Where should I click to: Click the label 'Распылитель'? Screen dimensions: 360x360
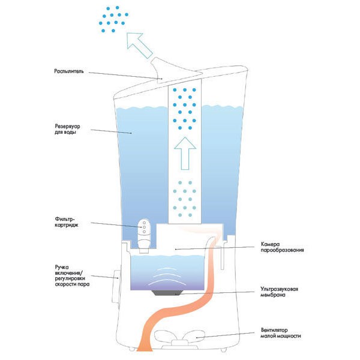point(69,71)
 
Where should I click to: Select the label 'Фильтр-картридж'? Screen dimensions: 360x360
point(67,222)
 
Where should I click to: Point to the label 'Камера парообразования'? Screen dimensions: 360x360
point(282,247)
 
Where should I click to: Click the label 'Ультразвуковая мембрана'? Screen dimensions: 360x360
point(279,292)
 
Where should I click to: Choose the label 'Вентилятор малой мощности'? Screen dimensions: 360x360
point(281,333)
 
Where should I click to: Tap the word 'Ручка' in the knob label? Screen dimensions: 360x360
point(62,267)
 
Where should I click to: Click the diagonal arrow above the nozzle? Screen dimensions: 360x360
point(139,45)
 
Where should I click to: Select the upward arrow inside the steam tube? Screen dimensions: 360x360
point(185,154)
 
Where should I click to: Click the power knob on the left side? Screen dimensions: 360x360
point(116,286)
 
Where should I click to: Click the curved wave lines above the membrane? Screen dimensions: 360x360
point(167,277)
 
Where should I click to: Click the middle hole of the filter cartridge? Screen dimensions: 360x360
point(144,227)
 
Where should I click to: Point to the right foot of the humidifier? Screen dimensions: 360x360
point(223,349)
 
